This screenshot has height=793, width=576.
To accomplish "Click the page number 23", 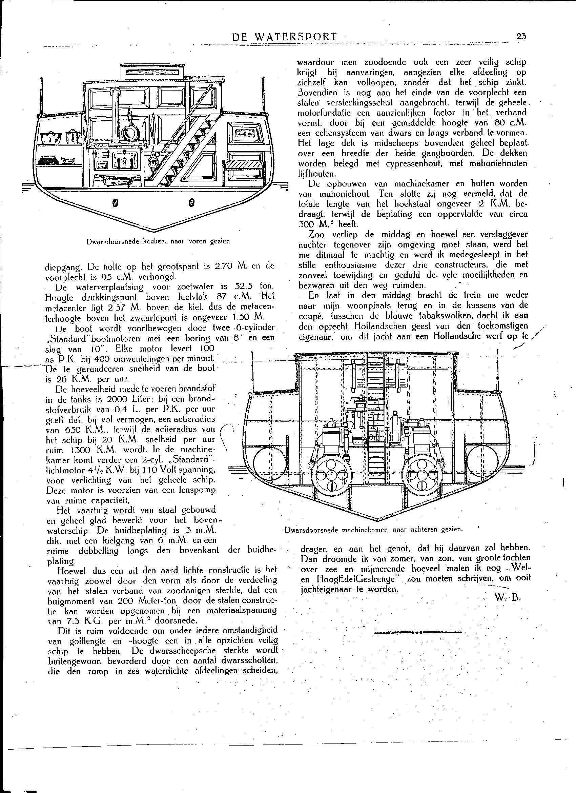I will tap(521, 36).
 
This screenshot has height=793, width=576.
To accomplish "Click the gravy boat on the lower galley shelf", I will tap(69, 160).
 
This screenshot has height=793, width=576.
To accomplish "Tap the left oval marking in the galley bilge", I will tap(115, 202).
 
